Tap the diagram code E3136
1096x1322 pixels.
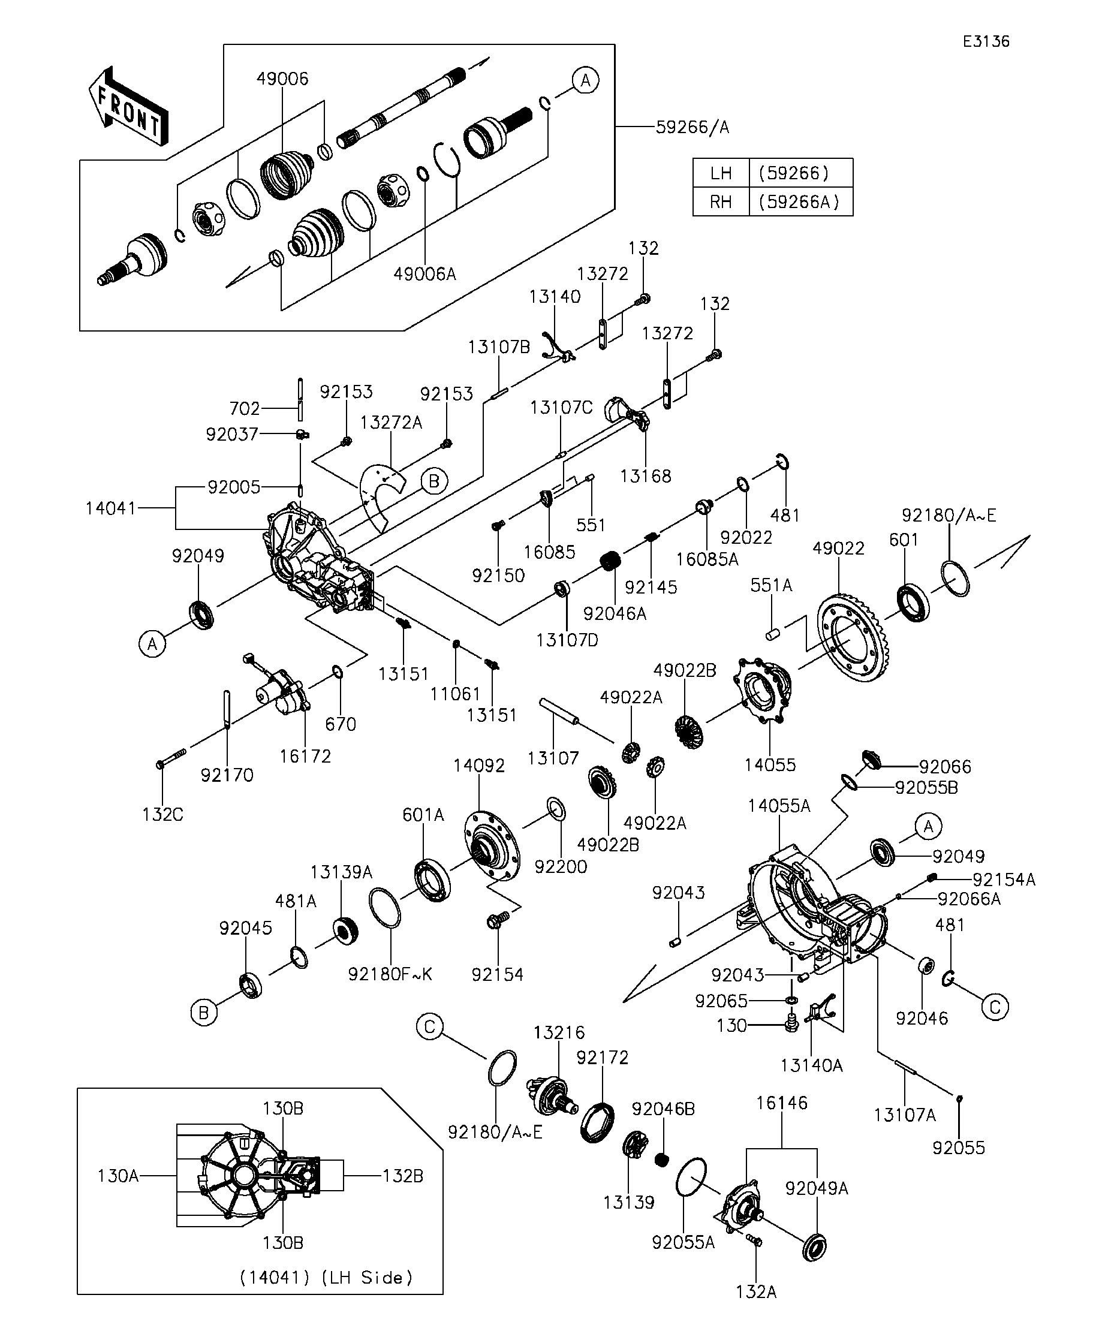(x=986, y=41)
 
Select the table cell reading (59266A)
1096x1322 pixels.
(x=799, y=202)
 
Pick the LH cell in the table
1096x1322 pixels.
(x=721, y=173)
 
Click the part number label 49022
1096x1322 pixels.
(x=838, y=549)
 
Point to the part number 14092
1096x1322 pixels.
(x=479, y=766)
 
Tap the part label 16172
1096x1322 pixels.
(x=305, y=756)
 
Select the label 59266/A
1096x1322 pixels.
(x=692, y=128)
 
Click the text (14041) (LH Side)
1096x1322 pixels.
(x=326, y=1277)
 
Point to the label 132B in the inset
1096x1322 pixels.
(x=403, y=1176)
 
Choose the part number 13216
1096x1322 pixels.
(x=559, y=1033)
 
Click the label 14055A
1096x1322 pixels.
(x=779, y=806)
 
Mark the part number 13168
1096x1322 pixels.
(x=646, y=476)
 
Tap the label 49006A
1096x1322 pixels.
(x=425, y=274)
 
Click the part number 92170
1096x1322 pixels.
(x=227, y=776)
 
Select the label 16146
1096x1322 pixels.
(x=782, y=1103)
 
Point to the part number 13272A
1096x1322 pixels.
(x=391, y=423)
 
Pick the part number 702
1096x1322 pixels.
(x=245, y=408)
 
